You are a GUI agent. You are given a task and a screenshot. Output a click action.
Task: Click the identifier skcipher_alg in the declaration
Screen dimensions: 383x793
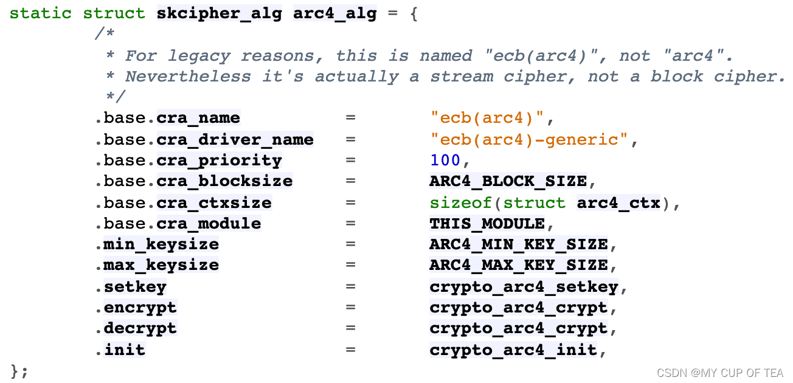click(219, 13)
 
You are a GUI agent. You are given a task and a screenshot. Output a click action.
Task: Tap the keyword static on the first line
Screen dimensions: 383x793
click(41, 13)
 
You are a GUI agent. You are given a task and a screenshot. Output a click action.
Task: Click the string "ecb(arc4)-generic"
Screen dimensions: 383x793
click(528, 139)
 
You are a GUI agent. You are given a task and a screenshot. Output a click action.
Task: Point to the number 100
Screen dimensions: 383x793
click(445, 160)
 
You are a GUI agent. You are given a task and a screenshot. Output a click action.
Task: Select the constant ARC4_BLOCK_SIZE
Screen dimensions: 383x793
click(508, 181)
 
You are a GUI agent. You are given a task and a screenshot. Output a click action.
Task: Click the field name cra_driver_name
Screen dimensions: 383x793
click(235, 139)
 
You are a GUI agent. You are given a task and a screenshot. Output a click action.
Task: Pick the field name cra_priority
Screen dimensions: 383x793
click(219, 160)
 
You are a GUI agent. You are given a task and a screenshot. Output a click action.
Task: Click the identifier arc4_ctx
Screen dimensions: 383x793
click(618, 202)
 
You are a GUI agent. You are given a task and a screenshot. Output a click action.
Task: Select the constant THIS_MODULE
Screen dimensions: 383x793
click(487, 223)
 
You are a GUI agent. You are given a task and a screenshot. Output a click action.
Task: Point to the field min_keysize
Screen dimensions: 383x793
click(161, 244)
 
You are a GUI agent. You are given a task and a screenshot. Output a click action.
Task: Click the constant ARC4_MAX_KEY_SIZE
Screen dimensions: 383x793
click(518, 265)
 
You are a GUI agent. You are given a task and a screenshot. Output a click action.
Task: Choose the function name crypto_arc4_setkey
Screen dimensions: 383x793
click(524, 286)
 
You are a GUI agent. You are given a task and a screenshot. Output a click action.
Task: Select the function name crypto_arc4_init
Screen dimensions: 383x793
click(513, 350)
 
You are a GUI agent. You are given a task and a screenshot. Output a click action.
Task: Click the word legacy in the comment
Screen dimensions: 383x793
click(199, 56)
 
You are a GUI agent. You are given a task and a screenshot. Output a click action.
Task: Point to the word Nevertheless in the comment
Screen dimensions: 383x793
click(187, 77)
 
